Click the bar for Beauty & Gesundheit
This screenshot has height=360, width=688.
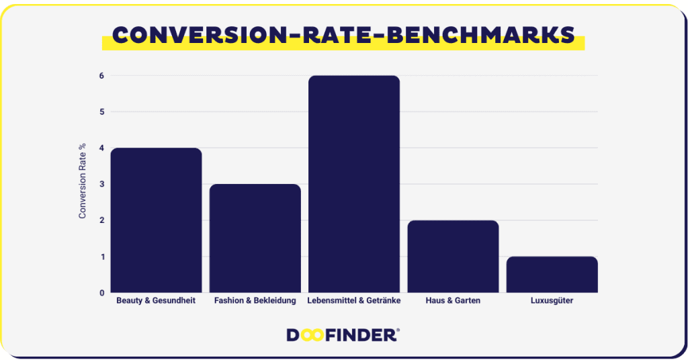(x=156, y=220)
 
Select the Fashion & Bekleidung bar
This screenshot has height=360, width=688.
(x=255, y=238)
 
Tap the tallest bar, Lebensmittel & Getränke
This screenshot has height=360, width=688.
(x=354, y=184)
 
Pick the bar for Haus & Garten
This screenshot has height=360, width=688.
(x=453, y=257)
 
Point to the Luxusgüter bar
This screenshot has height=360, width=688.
(x=552, y=275)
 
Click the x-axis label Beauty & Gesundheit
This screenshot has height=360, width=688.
(x=156, y=301)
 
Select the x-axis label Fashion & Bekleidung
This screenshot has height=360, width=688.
(x=255, y=301)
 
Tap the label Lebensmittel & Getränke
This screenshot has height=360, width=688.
(x=354, y=301)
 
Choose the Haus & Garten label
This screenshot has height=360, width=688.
(x=453, y=301)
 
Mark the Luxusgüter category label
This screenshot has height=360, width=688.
(x=552, y=301)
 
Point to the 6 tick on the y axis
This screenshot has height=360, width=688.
(x=102, y=76)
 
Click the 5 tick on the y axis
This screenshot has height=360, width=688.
(x=102, y=111)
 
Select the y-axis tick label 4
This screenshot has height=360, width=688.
(x=102, y=148)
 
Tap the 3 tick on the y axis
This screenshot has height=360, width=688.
(x=102, y=184)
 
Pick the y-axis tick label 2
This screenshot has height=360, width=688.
(x=102, y=220)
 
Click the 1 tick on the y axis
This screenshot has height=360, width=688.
(x=102, y=257)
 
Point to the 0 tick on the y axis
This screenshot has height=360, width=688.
(x=102, y=293)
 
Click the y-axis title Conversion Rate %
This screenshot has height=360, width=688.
(x=82, y=181)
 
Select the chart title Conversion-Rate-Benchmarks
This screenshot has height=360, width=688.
(x=343, y=35)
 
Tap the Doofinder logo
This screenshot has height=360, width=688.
(x=343, y=335)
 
